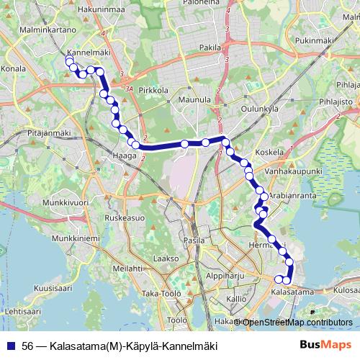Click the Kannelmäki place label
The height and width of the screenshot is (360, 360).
pos(86,53)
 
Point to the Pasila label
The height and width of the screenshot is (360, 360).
pos(194,240)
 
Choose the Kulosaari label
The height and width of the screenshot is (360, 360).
pos(344,291)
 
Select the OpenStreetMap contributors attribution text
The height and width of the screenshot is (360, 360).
pos(294,322)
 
